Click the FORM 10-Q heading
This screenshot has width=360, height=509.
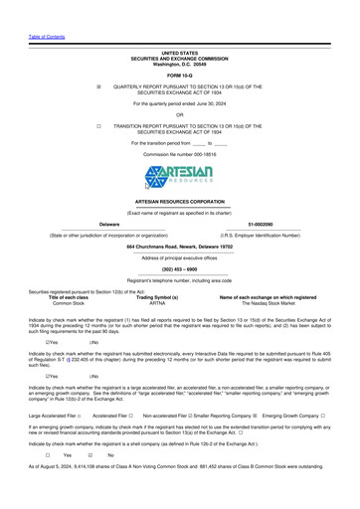(180, 75)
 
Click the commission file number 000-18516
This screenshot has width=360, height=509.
(180, 155)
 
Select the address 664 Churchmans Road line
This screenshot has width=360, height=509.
(180, 245)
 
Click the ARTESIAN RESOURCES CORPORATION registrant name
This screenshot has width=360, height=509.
(180, 201)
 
